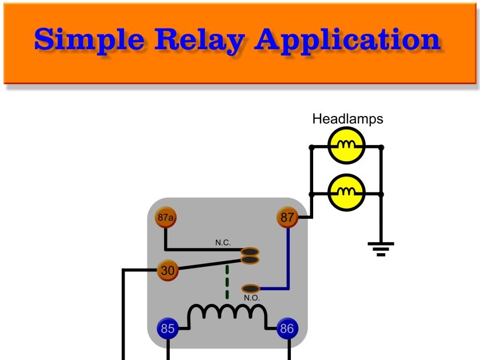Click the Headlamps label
(347, 119)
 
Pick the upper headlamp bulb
(346, 147)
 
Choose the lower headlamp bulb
(346, 193)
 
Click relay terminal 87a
(165, 217)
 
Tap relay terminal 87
(287, 217)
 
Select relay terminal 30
(167, 270)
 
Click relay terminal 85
(167, 329)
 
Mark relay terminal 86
(287, 329)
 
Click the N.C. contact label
(223, 243)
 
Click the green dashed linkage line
(227, 282)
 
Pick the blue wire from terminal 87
(288, 257)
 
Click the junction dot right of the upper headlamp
(382, 147)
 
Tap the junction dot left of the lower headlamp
(311, 193)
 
